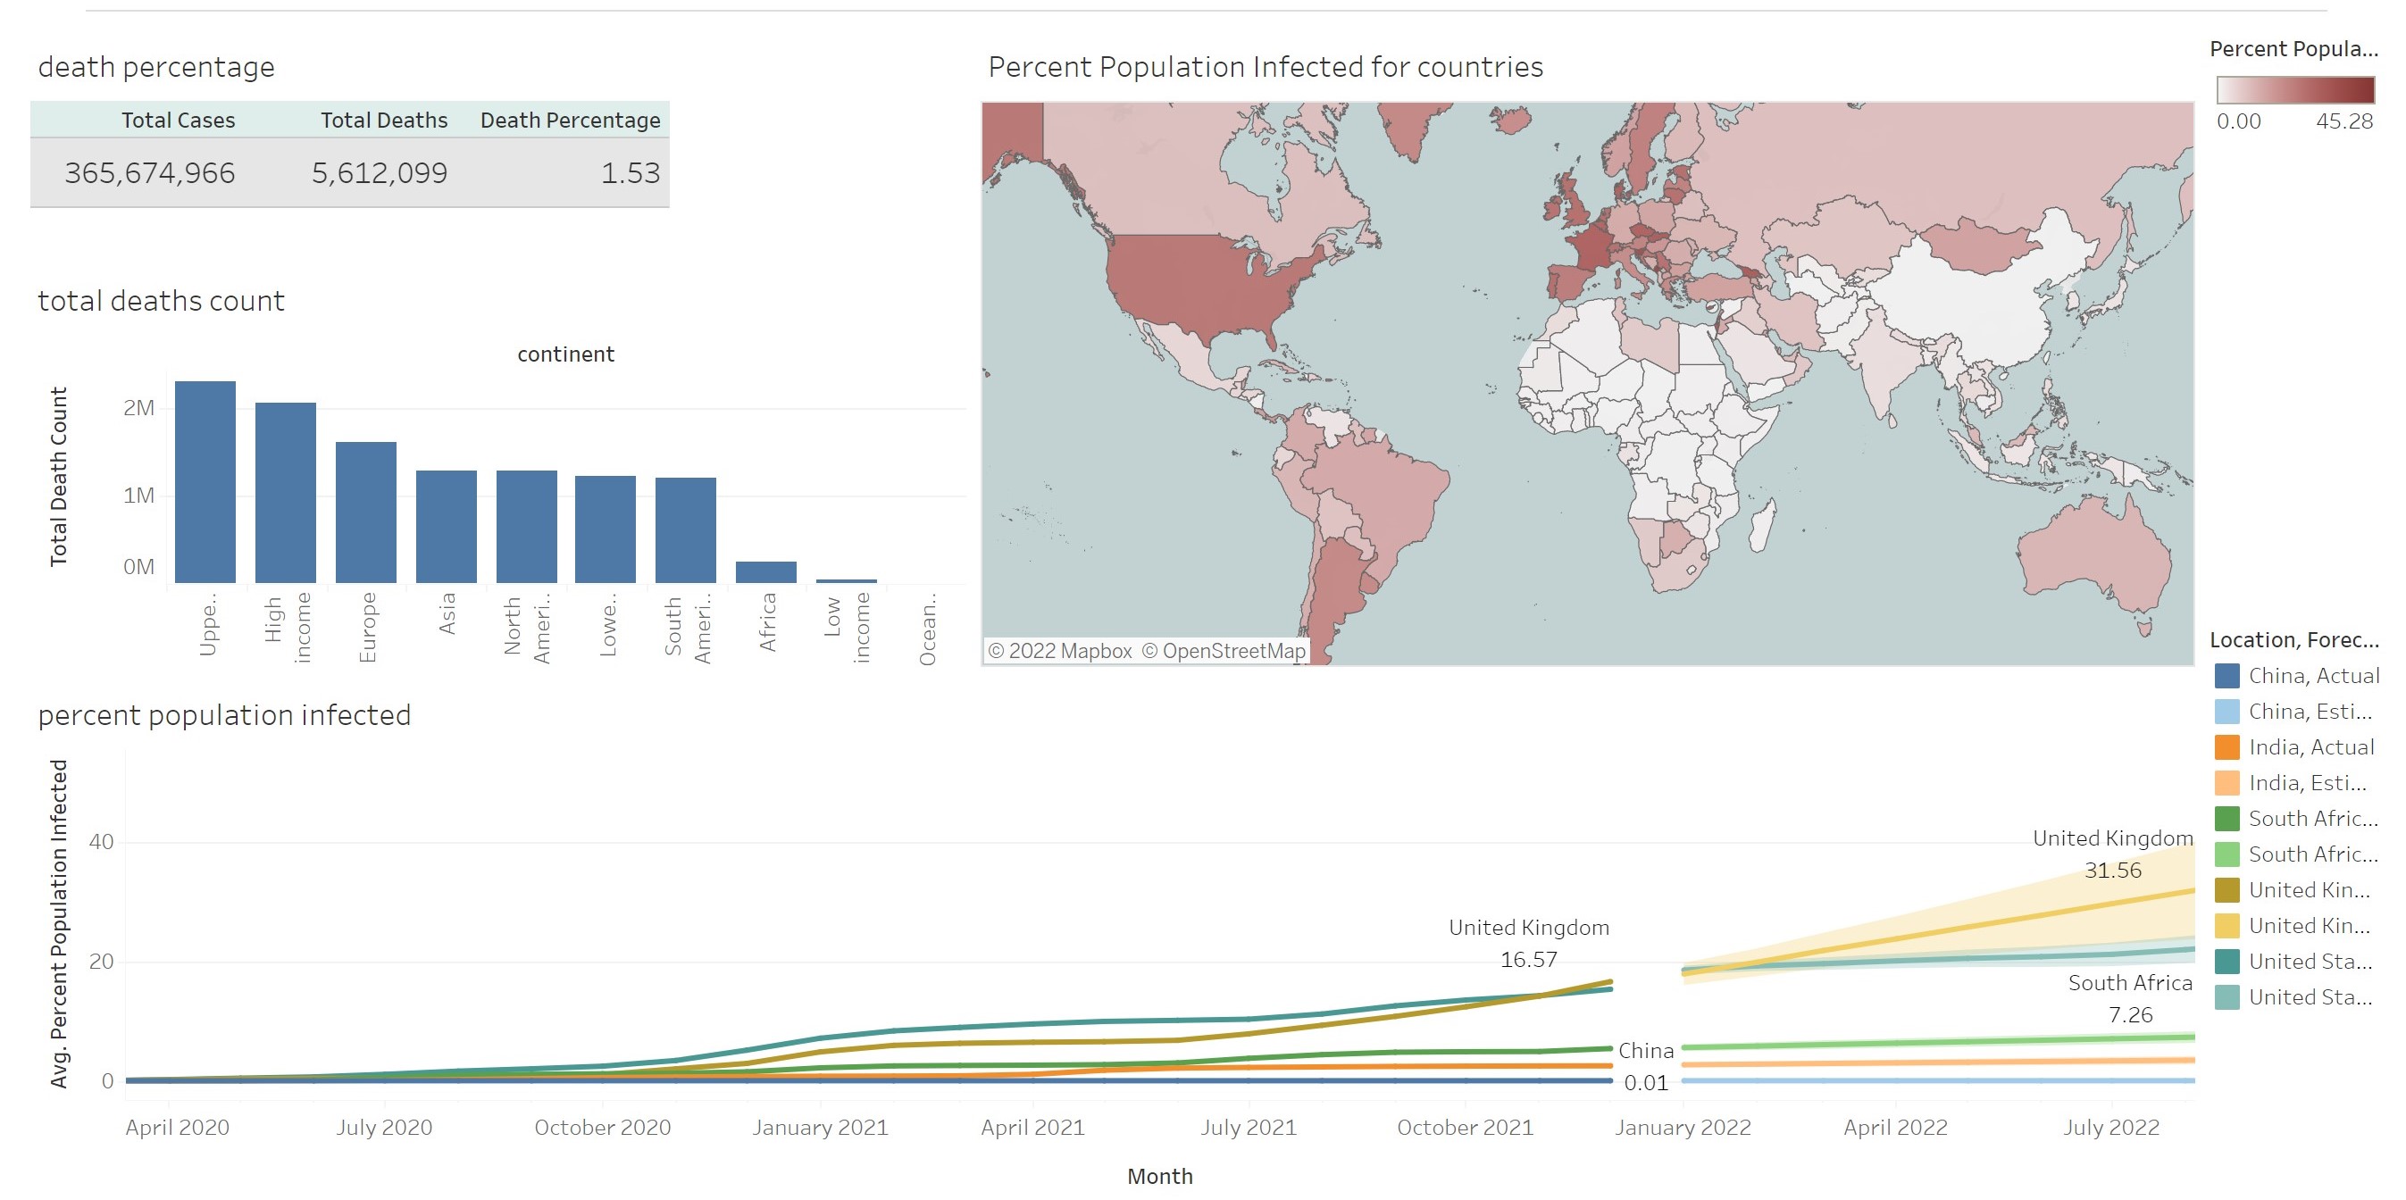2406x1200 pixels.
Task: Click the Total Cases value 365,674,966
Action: coord(149,174)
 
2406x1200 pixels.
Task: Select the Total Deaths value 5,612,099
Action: coord(380,174)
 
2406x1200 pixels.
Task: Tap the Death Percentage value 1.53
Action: coord(630,174)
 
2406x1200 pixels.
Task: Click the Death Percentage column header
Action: coord(570,121)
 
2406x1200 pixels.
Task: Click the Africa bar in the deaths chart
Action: coord(766,571)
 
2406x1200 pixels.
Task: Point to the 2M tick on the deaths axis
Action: coord(139,408)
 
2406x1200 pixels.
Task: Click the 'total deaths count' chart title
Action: coord(161,301)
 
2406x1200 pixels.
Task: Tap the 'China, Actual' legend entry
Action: coord(2312,675)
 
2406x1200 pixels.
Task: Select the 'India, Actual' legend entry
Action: coord(2310,747)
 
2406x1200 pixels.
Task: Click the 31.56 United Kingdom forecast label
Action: coord(2113,871)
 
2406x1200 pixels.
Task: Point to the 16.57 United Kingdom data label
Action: coord(1528,959)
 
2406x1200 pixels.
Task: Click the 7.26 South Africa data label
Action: coord(2129,1014)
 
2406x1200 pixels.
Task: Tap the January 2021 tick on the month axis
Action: coord(820,1127)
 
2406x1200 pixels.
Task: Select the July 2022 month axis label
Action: coord(2111,1127)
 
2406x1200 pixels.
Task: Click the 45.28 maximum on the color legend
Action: coord(2343,121)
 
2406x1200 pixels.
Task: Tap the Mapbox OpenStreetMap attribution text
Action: coord(1146,651)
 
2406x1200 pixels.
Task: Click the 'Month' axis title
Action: coord(1160,1176)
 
